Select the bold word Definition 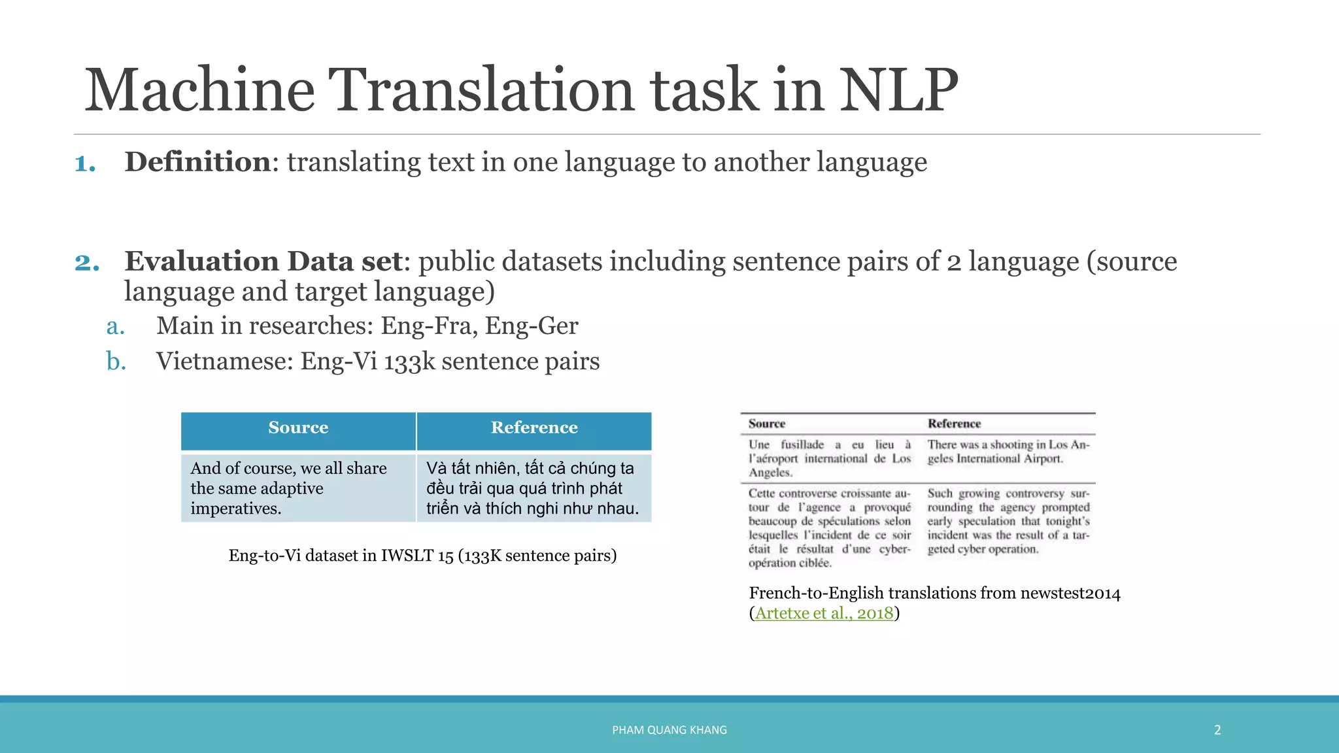pos(197,161)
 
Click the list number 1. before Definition pos(85,163)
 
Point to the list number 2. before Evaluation pos(87,262)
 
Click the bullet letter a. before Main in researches pos(116,326)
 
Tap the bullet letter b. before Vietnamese pos(116,361)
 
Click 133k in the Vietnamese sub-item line pos(409,361)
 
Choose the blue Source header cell pos(298,428)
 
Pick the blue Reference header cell pos(534,428)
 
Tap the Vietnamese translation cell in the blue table pos(532,488)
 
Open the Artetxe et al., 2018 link pos(824,613)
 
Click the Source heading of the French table pos(766,424)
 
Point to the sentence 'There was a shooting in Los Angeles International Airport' pos(1008,452)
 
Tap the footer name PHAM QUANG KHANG pos(669,730)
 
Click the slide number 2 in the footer pos(1217,730)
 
